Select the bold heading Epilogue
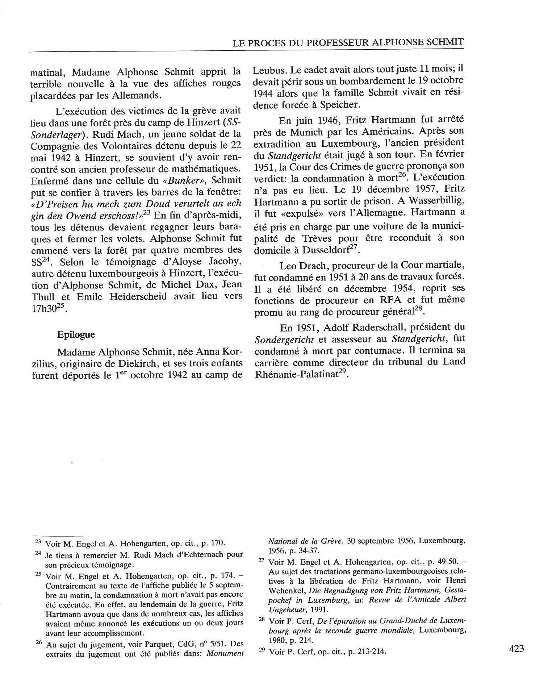tap(76, 334)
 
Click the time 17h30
tap(43, 309)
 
